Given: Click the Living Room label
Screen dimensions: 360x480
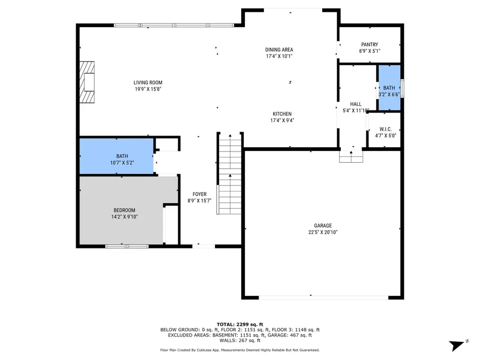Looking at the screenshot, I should click(148, 83).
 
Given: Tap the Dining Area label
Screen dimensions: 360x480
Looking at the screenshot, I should click(279, 50).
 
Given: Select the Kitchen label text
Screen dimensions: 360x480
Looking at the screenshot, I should click(282, 114).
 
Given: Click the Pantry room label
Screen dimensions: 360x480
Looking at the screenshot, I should click(369, 45).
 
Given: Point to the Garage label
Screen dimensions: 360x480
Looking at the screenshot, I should click(323, 226).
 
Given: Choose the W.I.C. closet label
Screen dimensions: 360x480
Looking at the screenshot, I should click(386, 129).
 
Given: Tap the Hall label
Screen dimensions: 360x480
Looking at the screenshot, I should click(356, 104).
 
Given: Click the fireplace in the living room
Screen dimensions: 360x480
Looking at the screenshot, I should click(87, 82).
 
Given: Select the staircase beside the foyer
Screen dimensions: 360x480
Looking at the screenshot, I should click(229, 173).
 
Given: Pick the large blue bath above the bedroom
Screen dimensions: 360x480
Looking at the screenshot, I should click(116, 156).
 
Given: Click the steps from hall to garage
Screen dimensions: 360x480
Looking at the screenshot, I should click(351, 156).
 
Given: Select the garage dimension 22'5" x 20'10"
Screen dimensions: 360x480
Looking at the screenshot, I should click(323, 232).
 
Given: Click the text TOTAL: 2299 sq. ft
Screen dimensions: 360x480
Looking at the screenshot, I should click(239, 324).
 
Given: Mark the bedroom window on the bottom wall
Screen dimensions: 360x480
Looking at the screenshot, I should click(126, 246).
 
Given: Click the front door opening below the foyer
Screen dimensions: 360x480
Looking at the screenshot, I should click(203, 246).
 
